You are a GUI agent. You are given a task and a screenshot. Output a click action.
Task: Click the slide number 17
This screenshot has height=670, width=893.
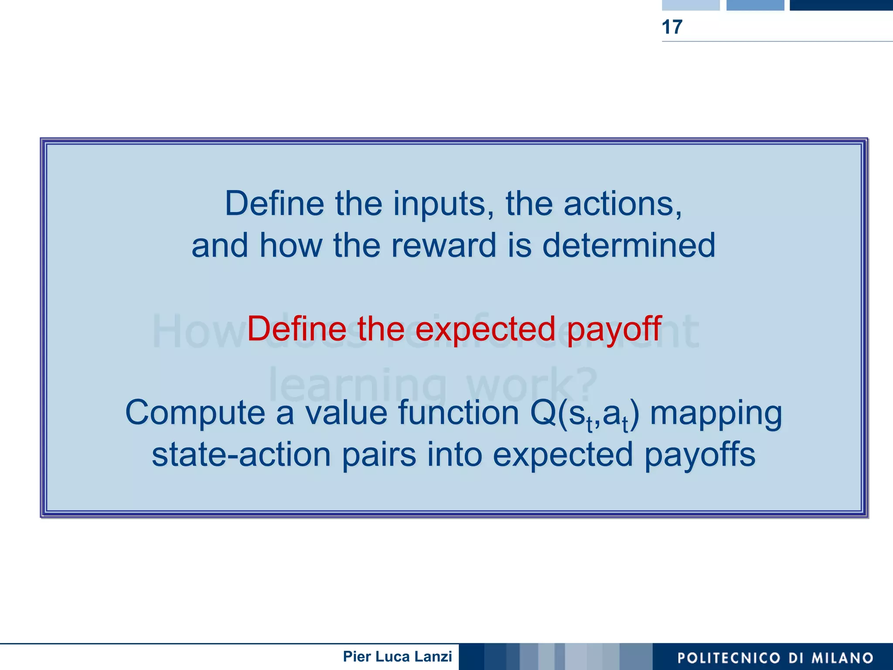671,27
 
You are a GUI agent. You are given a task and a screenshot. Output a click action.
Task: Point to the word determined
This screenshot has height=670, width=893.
628,245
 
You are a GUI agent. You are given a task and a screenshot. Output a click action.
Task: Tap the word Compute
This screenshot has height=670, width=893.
195,413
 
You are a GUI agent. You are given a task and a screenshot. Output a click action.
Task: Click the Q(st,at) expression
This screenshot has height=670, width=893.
584,414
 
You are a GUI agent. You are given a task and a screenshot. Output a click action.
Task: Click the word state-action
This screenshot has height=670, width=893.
241,455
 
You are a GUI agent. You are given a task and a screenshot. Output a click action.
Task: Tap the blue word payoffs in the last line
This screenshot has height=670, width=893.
699,455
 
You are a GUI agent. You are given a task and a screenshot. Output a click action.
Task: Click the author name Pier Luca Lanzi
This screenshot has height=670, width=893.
397,656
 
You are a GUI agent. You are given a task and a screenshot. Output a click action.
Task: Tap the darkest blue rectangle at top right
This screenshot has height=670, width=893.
841,5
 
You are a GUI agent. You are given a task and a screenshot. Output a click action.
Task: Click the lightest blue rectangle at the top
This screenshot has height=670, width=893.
690,5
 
